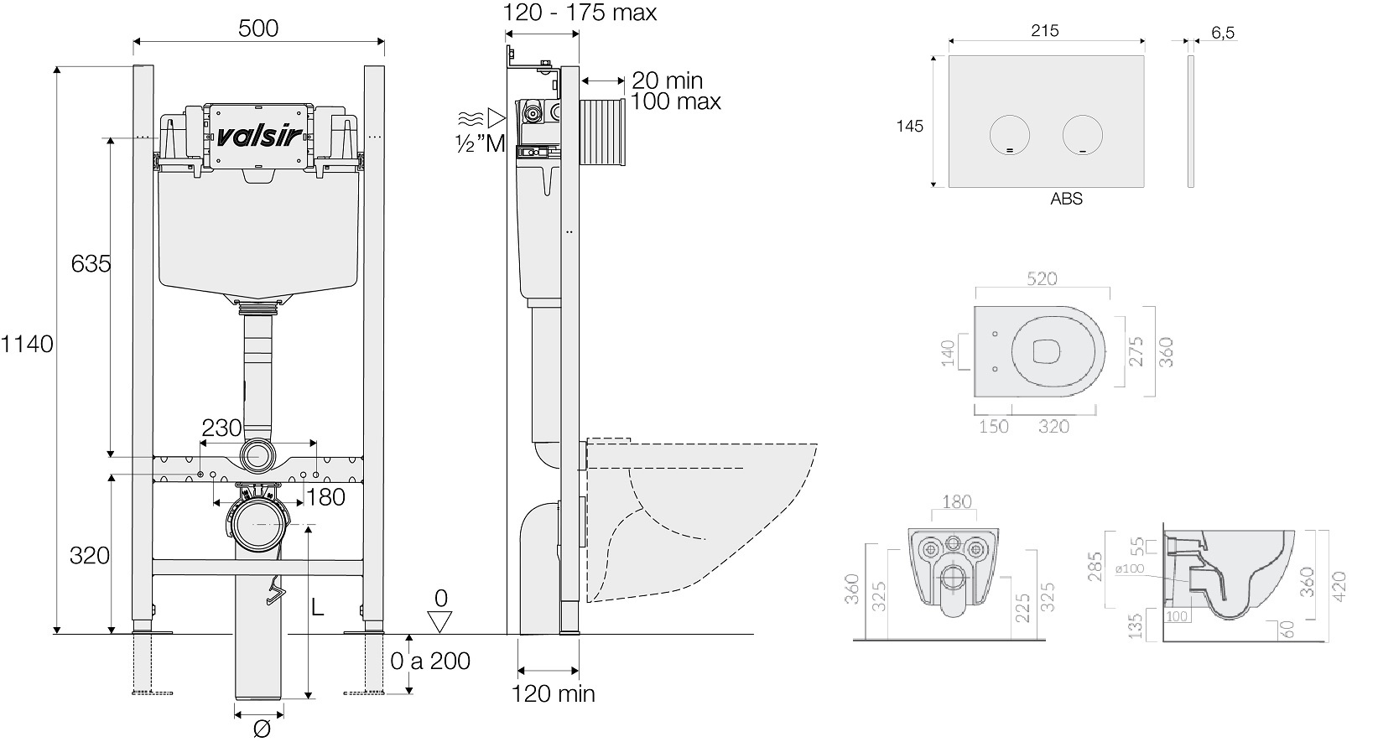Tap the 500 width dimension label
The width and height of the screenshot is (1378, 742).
click(258, 28)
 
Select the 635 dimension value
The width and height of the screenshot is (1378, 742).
click(91, 263)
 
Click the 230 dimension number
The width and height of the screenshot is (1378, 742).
click(221, 428)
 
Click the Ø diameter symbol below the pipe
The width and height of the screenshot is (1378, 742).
click(260, 729)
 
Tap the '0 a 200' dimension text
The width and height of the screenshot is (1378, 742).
click(430, 661)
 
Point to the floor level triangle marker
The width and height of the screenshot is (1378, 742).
click(439, 621)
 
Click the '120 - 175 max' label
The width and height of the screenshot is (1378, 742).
click(580, 13)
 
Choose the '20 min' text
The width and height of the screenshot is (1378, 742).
click(667, 80)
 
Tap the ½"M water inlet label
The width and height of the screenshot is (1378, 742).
click(480, 143)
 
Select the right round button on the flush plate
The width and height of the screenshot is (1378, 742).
click(1082, 134)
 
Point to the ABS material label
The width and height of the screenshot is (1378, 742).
click(1066, 200)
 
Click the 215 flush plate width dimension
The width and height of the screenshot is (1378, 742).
click(1045, 30)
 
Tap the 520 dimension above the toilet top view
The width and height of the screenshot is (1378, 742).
click(1042, 278)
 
